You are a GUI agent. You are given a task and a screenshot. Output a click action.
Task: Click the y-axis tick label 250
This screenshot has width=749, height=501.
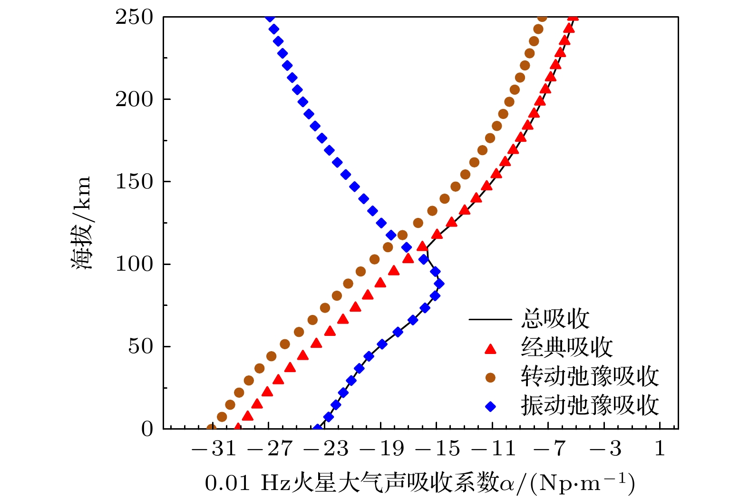134,18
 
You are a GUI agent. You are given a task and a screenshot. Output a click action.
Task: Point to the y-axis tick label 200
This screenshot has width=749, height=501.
134,100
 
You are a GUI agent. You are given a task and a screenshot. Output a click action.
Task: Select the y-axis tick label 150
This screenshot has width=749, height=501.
134,182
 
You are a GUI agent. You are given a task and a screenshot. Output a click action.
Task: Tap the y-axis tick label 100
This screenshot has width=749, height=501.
134,265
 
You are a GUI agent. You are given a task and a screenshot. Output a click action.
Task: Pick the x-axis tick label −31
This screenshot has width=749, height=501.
214,449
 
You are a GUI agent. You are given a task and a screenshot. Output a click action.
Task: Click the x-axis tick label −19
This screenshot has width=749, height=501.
382,449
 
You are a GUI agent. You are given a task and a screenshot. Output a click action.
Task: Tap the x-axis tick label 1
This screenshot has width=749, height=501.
660,449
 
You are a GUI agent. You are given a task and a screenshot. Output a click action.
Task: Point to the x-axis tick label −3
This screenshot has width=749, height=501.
605,449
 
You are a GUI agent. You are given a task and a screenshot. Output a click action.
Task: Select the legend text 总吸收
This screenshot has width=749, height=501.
555,319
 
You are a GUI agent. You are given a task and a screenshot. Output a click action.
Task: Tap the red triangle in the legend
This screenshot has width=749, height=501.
490,349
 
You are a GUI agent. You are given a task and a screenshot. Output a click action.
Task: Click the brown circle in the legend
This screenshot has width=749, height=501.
490,378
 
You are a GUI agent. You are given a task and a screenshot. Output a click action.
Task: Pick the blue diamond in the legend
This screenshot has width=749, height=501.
490,406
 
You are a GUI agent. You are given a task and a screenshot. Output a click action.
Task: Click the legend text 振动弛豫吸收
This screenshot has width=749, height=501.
589,406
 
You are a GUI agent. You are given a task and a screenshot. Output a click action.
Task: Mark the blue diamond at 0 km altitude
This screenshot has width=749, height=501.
318,428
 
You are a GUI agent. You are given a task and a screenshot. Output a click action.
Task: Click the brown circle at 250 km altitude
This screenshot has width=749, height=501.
542,18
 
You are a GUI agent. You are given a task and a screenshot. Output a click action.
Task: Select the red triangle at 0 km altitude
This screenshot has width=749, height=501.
238,428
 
